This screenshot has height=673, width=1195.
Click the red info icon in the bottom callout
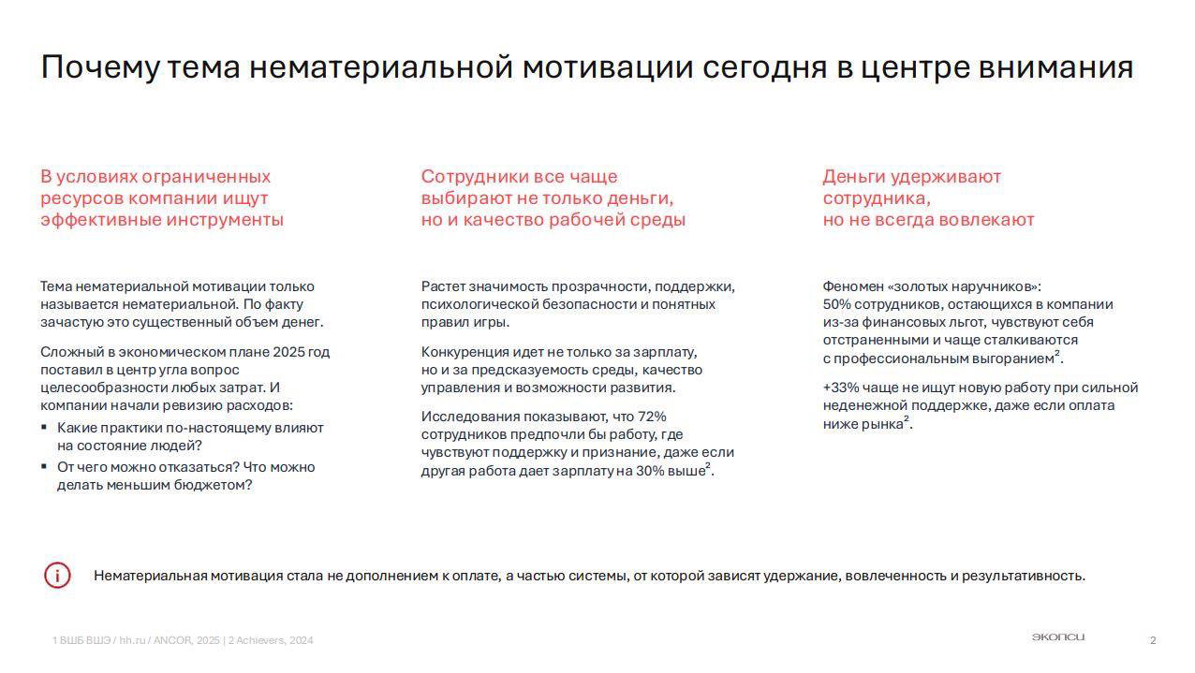[x=57, y=575]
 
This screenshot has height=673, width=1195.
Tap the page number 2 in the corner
[x=1153, y=640]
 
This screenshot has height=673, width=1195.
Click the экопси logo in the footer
[x=1057, y=637]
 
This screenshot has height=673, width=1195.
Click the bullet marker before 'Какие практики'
[x=44, y=428]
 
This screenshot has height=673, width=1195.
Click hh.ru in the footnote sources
[x=133, y=640]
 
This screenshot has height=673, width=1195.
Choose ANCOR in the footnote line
[x=172, y=640]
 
